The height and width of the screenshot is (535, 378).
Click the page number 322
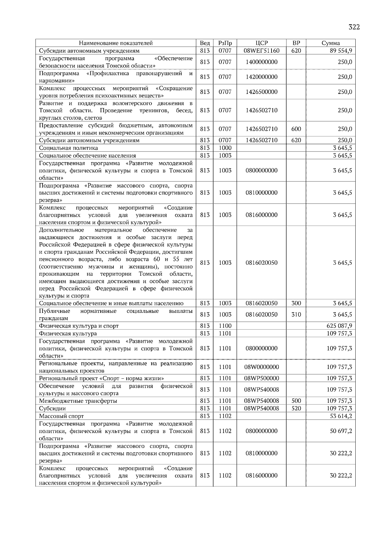[354, 27]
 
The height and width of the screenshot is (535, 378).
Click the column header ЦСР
[261, 43]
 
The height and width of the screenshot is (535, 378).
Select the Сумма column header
[330, 43]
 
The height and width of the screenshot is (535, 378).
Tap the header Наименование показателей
[116, 43]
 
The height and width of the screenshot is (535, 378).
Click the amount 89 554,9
[341, 51]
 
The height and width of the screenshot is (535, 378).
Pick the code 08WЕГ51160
[261, 51]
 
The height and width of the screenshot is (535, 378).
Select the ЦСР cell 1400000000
[261, 62]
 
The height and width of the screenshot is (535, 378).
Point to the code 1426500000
[261, 92]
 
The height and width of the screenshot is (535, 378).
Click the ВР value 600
[296, 129]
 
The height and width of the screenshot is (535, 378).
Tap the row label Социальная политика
[68, 148]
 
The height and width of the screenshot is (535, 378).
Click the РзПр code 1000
[225, 148]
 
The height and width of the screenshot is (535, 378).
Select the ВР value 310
[296, 315]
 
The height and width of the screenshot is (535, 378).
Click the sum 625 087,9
[339, 326]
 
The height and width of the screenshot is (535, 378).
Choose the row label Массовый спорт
[61, 416]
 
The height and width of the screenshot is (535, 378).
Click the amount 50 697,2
[341, 431]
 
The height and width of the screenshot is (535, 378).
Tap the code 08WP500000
[261, 378]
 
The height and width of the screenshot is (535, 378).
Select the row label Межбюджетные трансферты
[78, 401]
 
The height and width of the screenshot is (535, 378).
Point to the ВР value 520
[296, 409]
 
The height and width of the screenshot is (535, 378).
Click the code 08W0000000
[261, 367]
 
